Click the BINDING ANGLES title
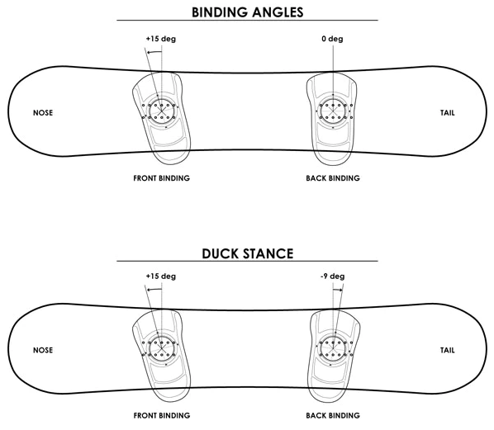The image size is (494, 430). [247, 11]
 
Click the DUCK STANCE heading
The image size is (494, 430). [247, 253]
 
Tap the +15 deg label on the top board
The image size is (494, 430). [161, 39]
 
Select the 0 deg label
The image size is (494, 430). [333, 39]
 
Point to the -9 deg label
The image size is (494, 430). [333, 276]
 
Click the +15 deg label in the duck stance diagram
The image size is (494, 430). [161, 276]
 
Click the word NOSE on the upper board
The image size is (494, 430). [43, 112]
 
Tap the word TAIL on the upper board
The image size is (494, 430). [449, 112]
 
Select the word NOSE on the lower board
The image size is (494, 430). [43, 349]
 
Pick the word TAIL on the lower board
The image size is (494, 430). [449, 349]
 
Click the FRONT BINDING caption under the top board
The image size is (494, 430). [162, 177]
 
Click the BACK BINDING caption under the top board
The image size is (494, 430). [332, 177]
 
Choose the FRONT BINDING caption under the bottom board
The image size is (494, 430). [162, 414]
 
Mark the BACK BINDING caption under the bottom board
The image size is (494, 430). [332, 414]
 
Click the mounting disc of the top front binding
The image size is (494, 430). [162, 111]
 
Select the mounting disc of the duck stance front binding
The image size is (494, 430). [162, 349]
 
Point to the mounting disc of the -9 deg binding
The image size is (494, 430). [332, 349]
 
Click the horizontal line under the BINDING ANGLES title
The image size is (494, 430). [247, 20]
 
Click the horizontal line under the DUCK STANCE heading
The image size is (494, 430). [247, 262]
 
